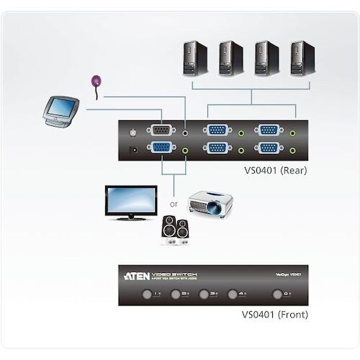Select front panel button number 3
207,294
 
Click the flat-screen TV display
130,201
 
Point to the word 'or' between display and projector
173,204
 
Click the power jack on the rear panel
132,150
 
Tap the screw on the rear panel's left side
131,132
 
